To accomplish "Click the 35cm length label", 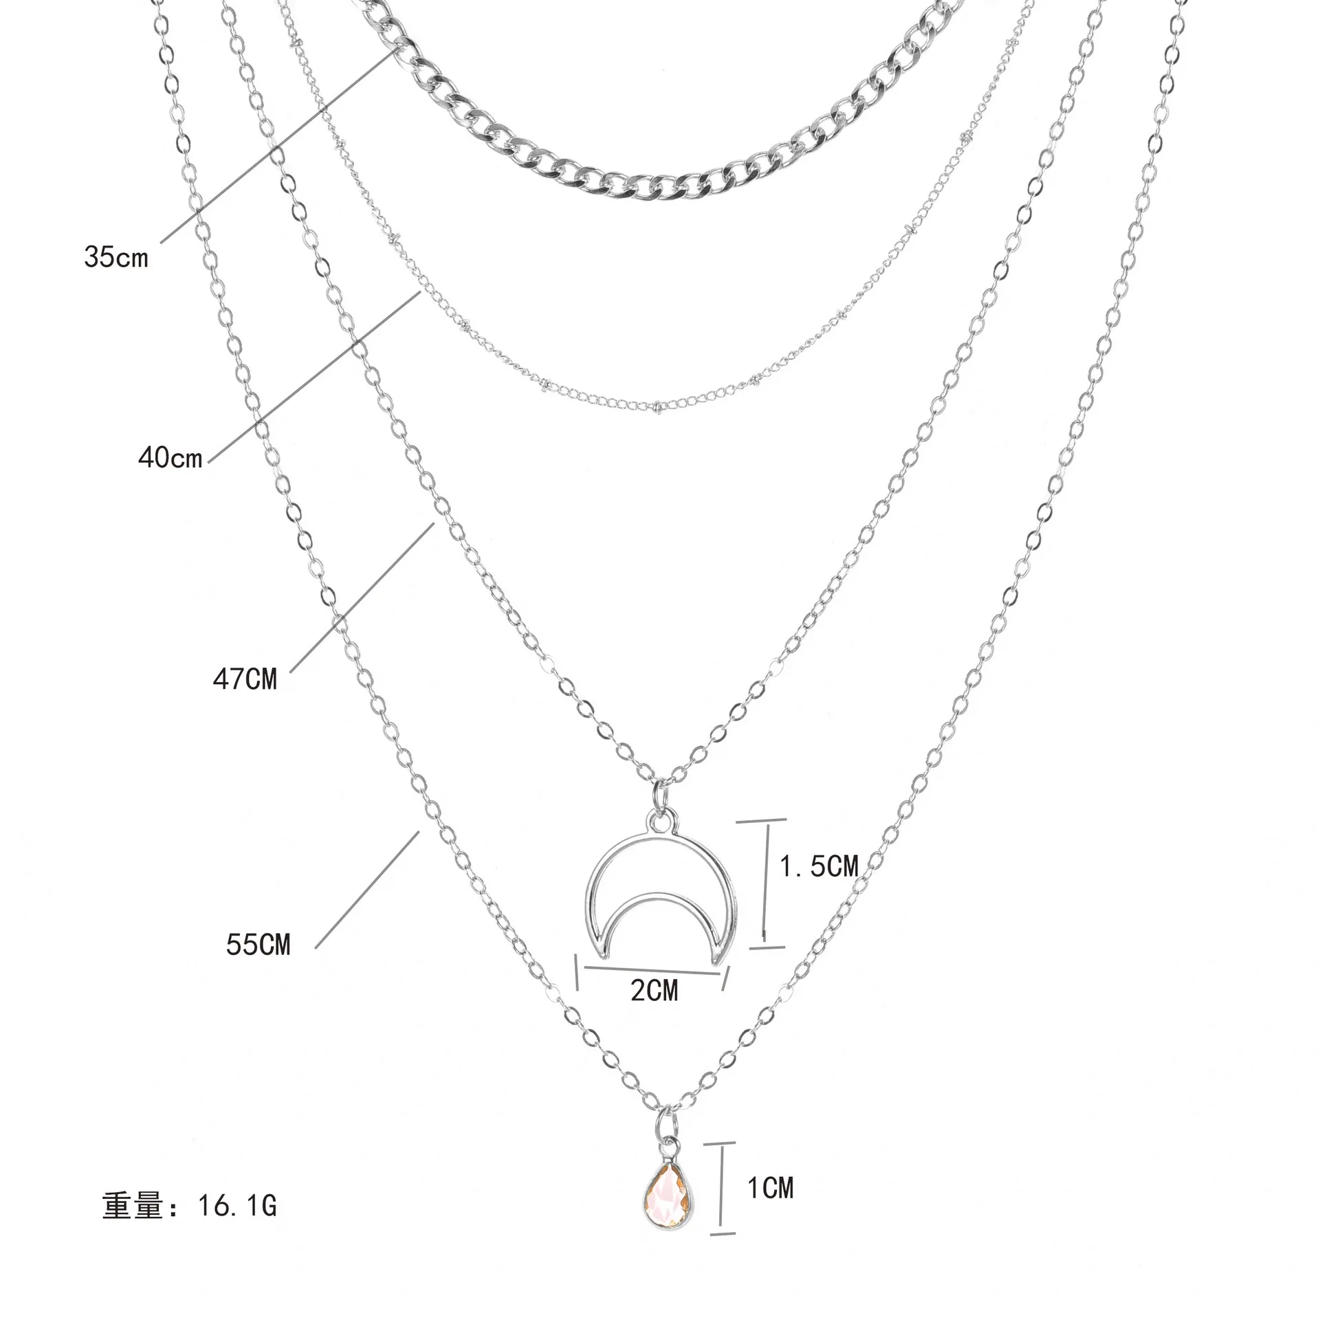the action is (x=116, y=257).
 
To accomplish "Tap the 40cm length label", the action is (x=170, y=456).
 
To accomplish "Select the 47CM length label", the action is (x=245, y=679).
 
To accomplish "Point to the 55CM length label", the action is (x=258, y=945).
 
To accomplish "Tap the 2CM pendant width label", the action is (x=654, y=990).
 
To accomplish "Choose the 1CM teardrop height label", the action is (x=770, y=1187).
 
